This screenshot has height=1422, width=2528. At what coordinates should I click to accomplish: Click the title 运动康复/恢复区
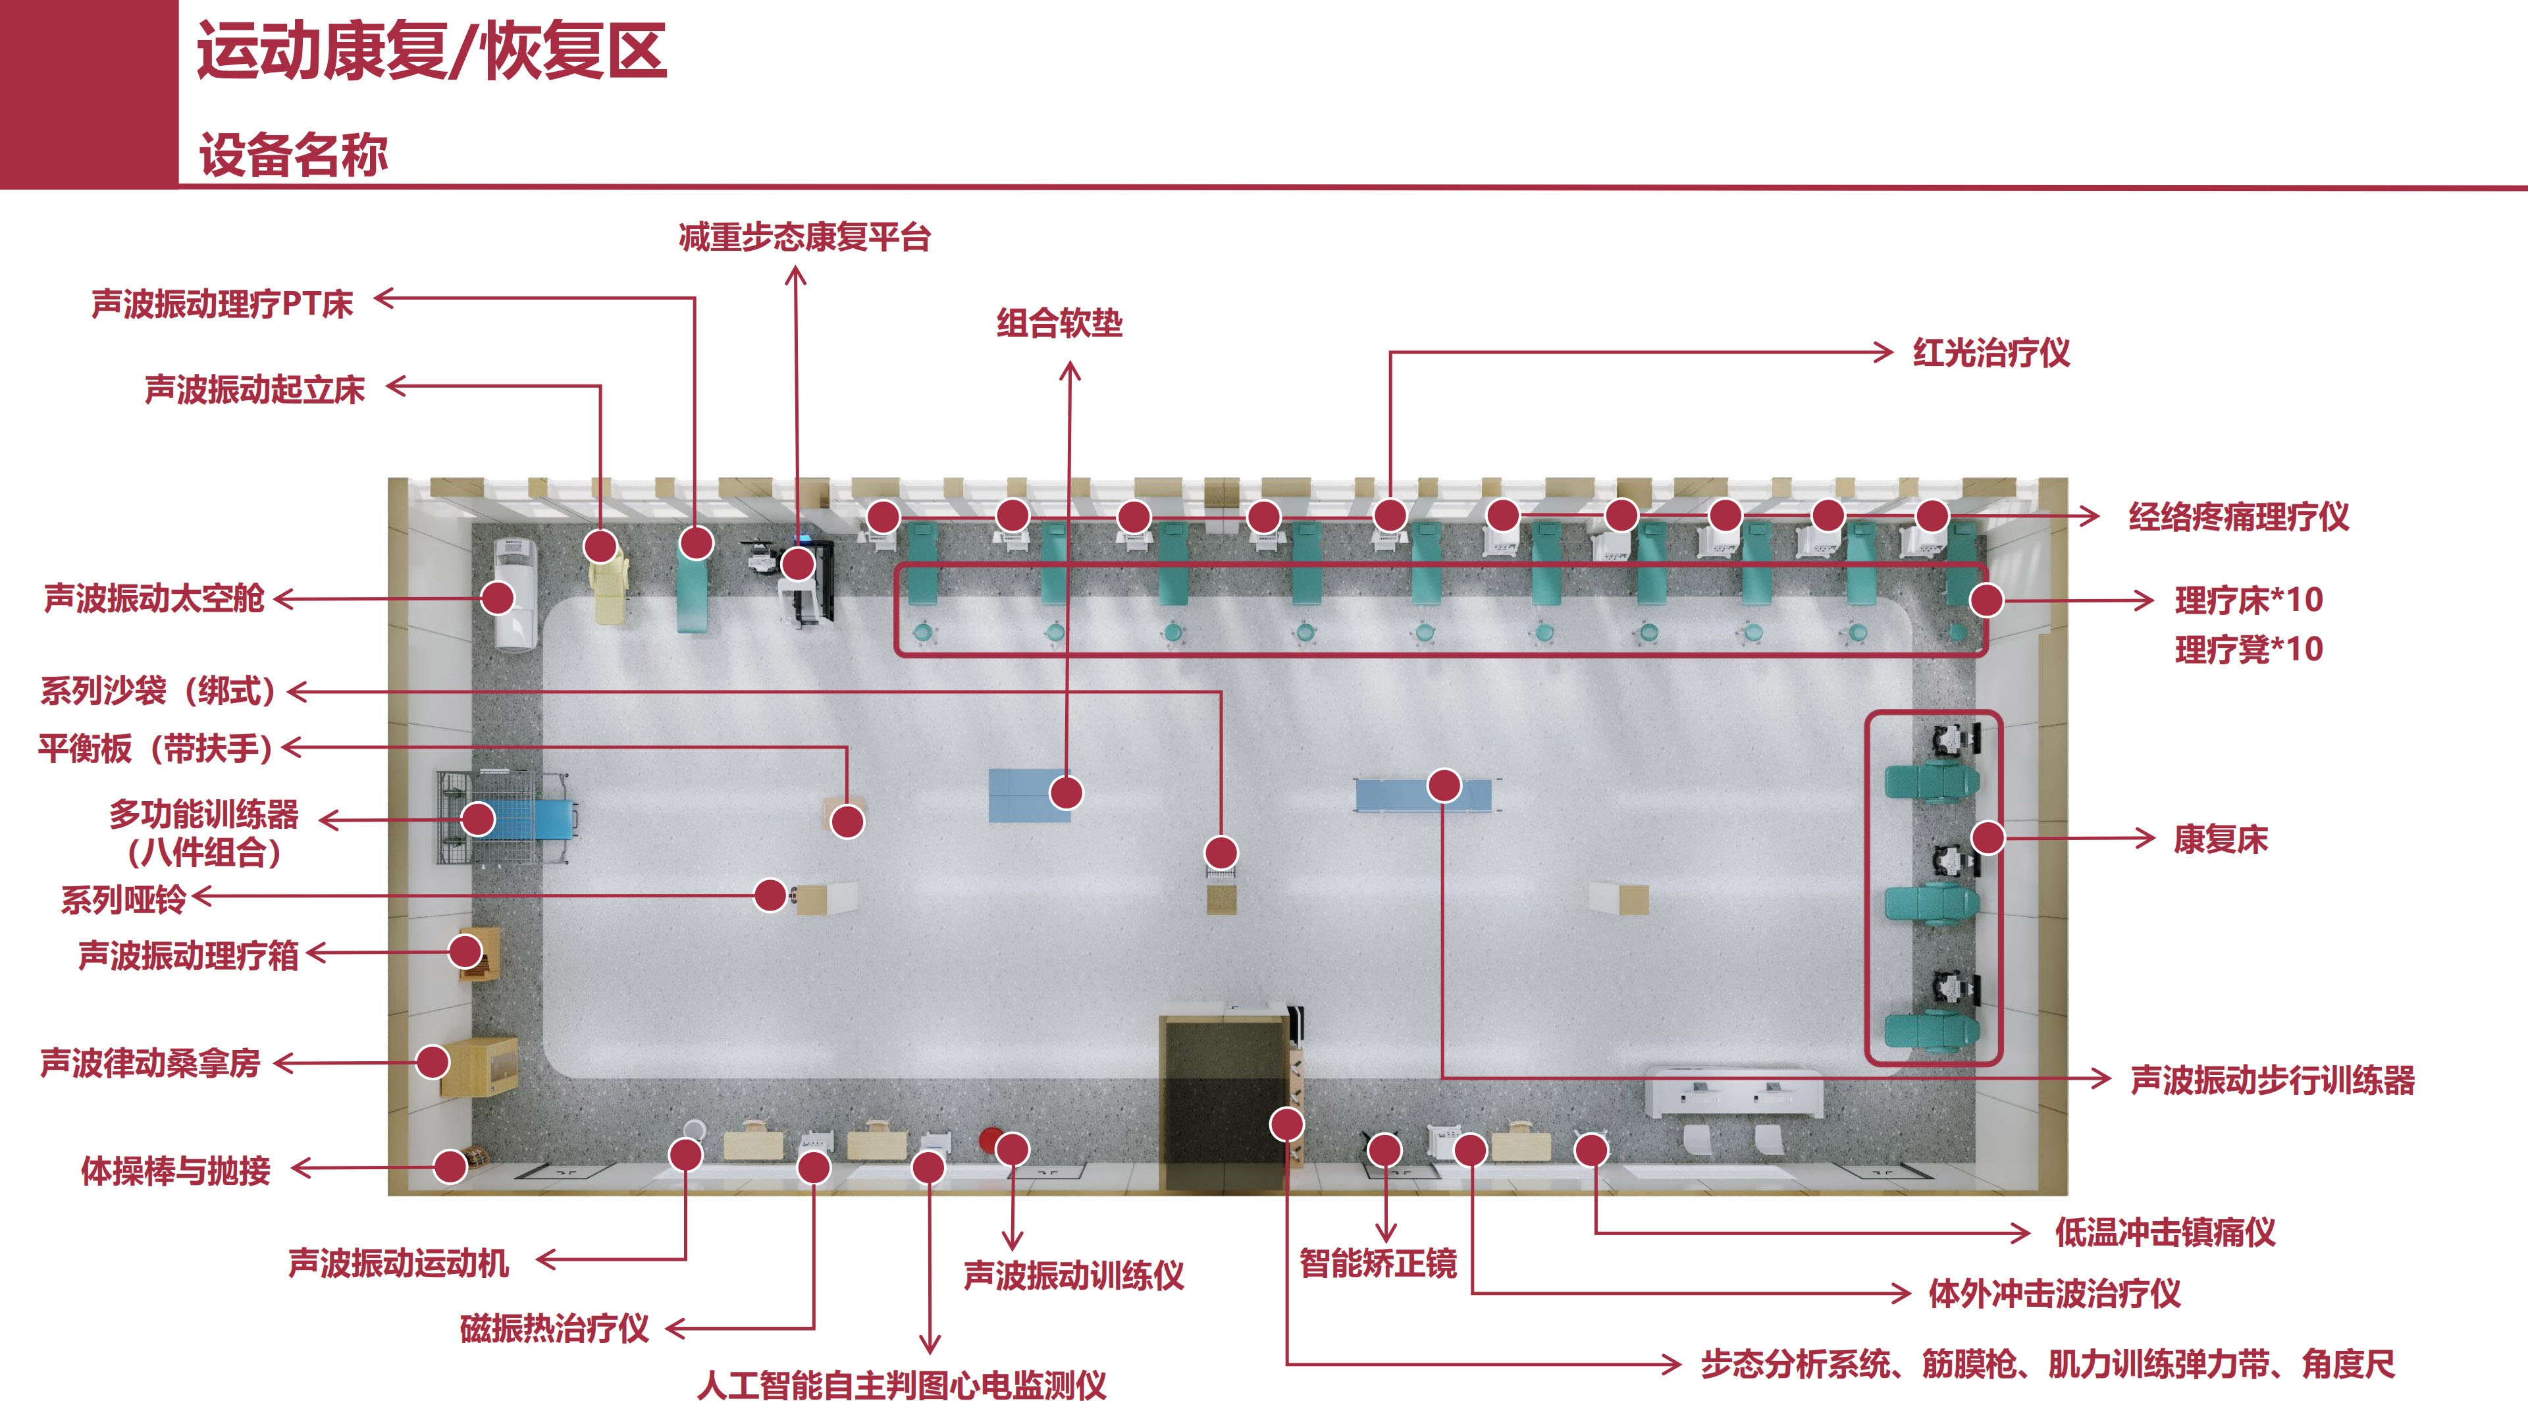(x=432, y=51)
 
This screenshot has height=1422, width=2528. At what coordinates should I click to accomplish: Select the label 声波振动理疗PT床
(x=222, y=303)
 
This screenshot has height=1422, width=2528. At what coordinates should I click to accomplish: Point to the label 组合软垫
(x=1060, y=323)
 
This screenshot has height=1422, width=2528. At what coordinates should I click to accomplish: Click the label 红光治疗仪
(x=1991, y=352)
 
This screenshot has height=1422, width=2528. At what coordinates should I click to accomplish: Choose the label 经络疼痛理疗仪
(x=2238, y=516)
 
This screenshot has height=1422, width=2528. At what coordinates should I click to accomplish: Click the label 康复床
(x=2221, y=839)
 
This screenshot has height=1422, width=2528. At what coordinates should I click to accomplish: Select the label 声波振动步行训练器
(x=2273, y=1080)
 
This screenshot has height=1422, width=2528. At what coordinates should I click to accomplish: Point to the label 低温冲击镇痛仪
(x=2165, y=1232)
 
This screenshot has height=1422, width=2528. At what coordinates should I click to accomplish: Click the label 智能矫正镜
(x=1378, y=1263)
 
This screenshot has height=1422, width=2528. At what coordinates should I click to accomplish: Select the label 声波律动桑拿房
(x=150, y=1063)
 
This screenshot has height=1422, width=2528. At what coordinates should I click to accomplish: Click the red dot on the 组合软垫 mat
(x=1066, y=792)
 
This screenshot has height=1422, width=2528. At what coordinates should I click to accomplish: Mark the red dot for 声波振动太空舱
(x=498, y=598)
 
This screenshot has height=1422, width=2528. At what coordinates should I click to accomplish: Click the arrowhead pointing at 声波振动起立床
(x=396, y=386)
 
